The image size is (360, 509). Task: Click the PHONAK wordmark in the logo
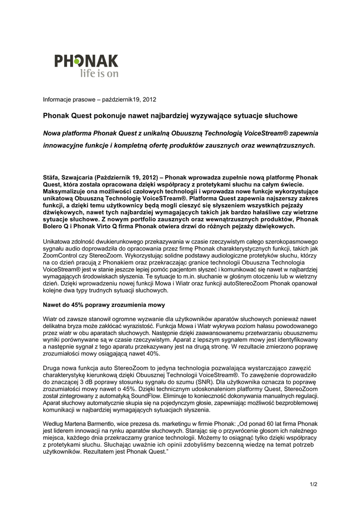coord(86,62)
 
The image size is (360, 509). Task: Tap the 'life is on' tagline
coord(99,74)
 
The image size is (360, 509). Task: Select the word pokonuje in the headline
coord(109,116)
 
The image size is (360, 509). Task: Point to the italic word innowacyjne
coord(65,146)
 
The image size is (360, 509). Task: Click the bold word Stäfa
coord(52,177)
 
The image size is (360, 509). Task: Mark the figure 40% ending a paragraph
coord(151,354)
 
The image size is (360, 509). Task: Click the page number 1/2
coord(313,484)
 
